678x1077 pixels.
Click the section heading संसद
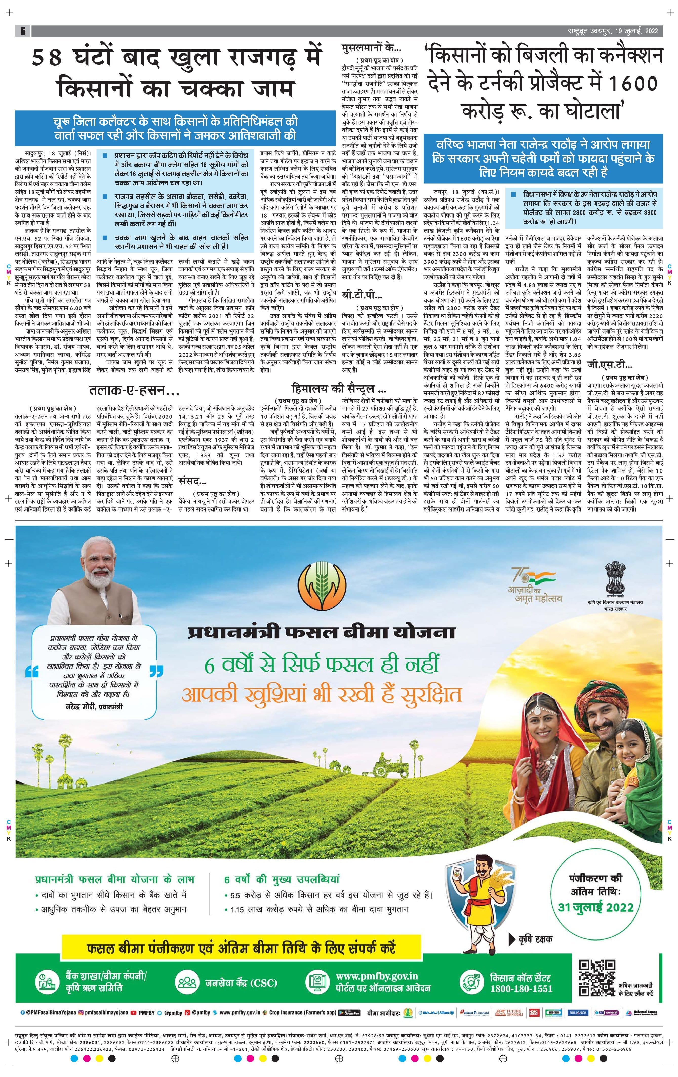click(x=192, y=481)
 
